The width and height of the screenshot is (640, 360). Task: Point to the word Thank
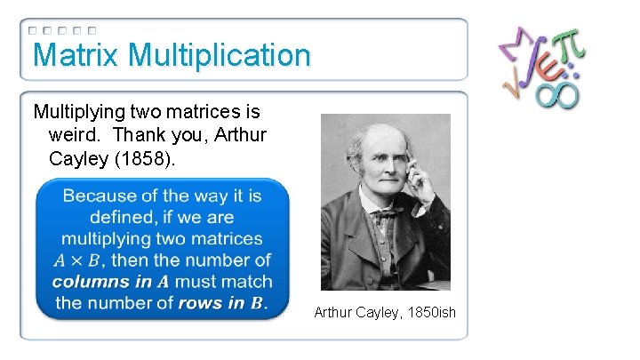[157, 134]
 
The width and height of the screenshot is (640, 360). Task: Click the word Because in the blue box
[102, 196]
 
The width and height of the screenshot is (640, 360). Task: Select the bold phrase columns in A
[111, 282]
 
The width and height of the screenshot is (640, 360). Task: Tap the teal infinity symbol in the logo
[556, 92]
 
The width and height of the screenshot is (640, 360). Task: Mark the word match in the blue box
[249, 282]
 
